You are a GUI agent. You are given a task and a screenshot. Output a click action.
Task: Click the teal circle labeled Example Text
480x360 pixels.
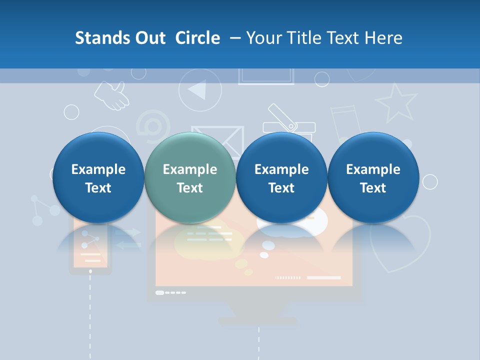click(x=189, y=178)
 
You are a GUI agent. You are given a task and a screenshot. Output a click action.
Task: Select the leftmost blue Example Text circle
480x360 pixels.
click(x=98, y=178)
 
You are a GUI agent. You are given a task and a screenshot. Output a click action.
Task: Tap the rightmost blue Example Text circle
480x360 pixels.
click(x=373, y=178)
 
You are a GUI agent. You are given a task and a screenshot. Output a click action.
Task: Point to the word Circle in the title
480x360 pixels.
click(x=197, y=38)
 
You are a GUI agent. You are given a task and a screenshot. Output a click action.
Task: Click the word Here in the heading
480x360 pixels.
click(x=384, y=38)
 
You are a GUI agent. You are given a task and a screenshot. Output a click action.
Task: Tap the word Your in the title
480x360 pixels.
click(x=263, y=38)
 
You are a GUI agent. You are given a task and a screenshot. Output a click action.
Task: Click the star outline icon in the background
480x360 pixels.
click(x=396, y=102)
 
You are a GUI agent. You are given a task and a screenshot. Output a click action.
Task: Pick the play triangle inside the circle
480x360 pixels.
click(x=198, y=90)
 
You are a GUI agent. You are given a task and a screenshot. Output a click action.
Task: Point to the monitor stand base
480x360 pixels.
click(x=258, y=320)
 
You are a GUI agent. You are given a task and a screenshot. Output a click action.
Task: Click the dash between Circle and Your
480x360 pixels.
click(x=233, y=38)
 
